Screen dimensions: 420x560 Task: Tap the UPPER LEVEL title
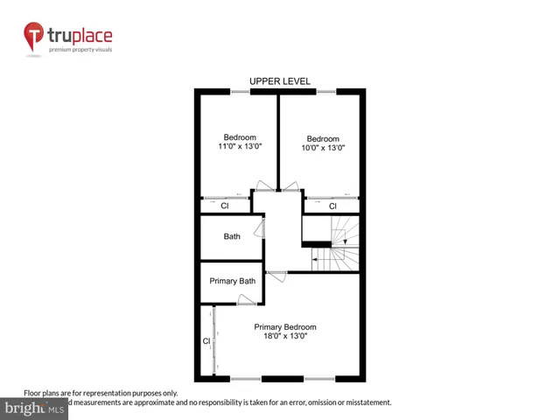tap(279, 80)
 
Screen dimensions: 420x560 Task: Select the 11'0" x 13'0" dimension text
tap(240, 147)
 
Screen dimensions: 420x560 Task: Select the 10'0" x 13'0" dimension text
tap(322, 148)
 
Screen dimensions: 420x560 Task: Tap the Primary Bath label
tap(232, 282)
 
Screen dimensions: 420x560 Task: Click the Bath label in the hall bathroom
tap(232, 236)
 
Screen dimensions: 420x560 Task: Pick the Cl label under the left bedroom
tap(224, 206)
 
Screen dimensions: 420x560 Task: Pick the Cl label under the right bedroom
tap(332, 206)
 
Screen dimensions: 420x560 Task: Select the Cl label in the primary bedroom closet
tap(206, 341)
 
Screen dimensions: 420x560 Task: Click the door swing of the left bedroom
tap(262, 186)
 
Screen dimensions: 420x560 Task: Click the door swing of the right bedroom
tap(290, 186)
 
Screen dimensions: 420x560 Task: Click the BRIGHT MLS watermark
tap(35, 409)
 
